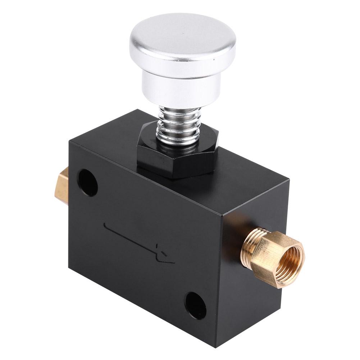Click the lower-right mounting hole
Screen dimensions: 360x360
click(196, 306)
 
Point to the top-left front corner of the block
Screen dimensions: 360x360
click(70, 142)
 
